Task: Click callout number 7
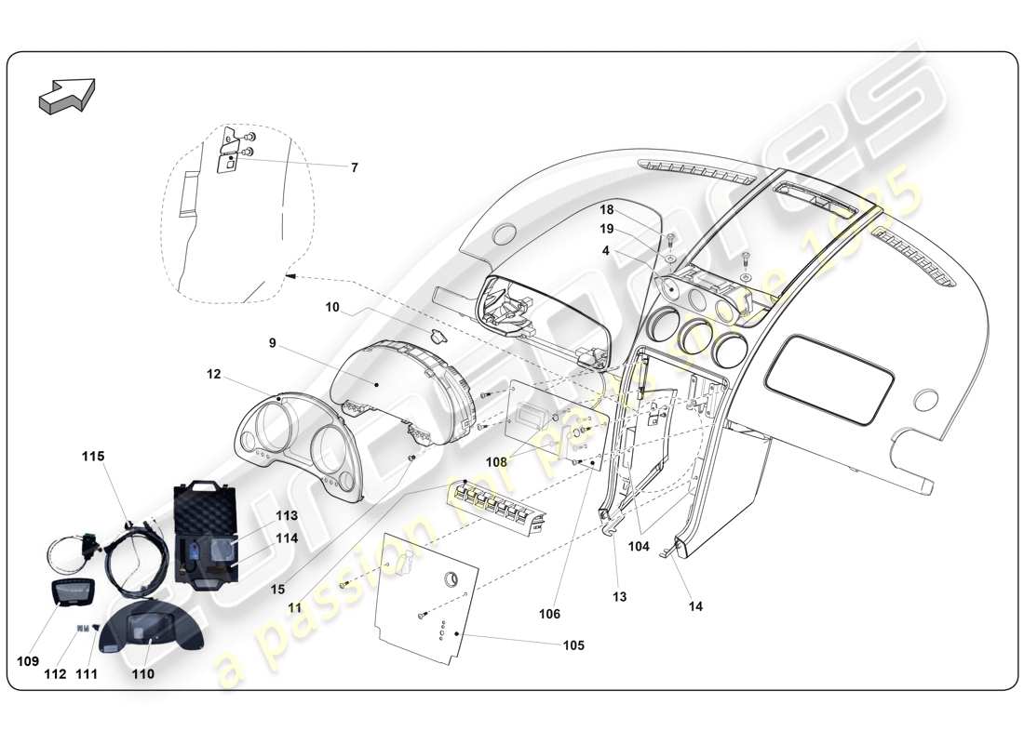[354, 168]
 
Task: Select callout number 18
[632, 211]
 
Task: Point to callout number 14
[695, 606]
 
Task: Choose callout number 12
[214, 375]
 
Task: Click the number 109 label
[27, 661]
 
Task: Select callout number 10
[333, 305]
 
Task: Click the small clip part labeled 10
[438, 336]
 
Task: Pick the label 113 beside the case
[286, 515]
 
